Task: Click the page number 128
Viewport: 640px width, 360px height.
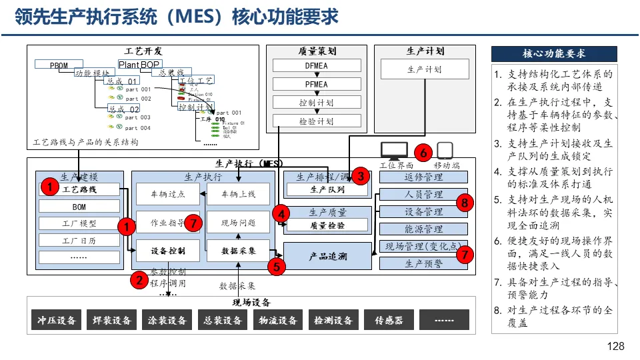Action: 617,346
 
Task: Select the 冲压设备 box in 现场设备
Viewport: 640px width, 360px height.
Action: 57,320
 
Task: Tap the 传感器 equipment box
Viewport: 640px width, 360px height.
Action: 389,320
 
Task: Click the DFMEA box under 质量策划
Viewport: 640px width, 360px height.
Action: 316,66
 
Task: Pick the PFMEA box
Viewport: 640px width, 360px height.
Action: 316,85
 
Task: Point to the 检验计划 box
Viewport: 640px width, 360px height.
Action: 316,121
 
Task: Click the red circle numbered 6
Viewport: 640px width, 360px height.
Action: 423,152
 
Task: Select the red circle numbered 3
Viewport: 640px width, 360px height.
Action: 361,176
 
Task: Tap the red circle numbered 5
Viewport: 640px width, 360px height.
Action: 276,267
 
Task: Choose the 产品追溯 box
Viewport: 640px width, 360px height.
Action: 327,256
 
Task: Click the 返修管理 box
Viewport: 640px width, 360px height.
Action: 423,177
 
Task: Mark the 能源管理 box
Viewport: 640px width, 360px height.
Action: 423,229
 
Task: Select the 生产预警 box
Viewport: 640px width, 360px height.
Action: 423,263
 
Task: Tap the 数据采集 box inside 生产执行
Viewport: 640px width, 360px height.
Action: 238,251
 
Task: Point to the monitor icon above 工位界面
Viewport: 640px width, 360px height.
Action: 393,151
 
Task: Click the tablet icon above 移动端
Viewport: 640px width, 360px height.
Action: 445,151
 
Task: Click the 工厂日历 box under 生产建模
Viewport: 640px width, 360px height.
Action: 79,241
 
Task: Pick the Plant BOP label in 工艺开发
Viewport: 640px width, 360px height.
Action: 139,65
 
